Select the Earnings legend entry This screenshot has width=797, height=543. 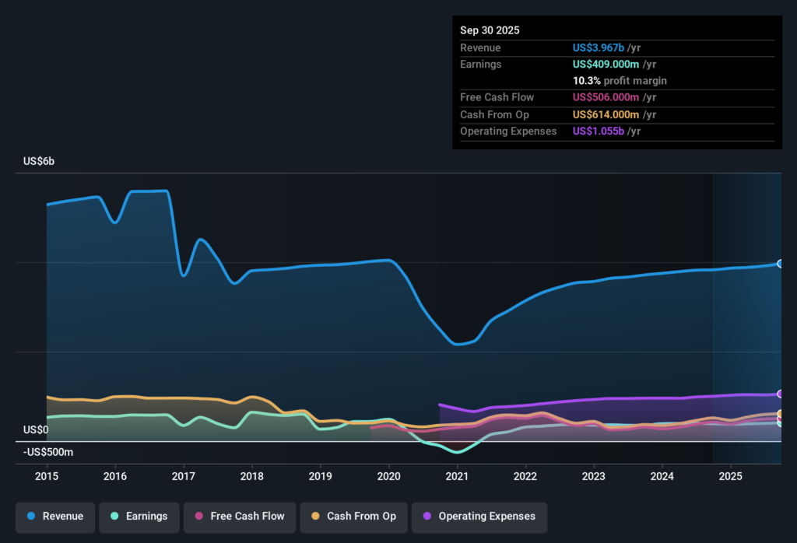point(141,517)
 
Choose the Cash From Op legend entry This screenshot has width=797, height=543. point(353,517)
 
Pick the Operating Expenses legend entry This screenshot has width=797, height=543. point(479,517)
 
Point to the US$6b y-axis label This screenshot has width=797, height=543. point(39,161)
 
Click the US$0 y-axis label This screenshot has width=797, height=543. point(36,429)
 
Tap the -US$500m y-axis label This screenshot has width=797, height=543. point(48,452)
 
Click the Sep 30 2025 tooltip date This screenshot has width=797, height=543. point(490,30)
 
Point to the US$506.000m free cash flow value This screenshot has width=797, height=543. point(606,97)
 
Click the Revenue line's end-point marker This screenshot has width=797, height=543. point(780,264)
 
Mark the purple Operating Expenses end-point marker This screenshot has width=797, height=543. point(780,394)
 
